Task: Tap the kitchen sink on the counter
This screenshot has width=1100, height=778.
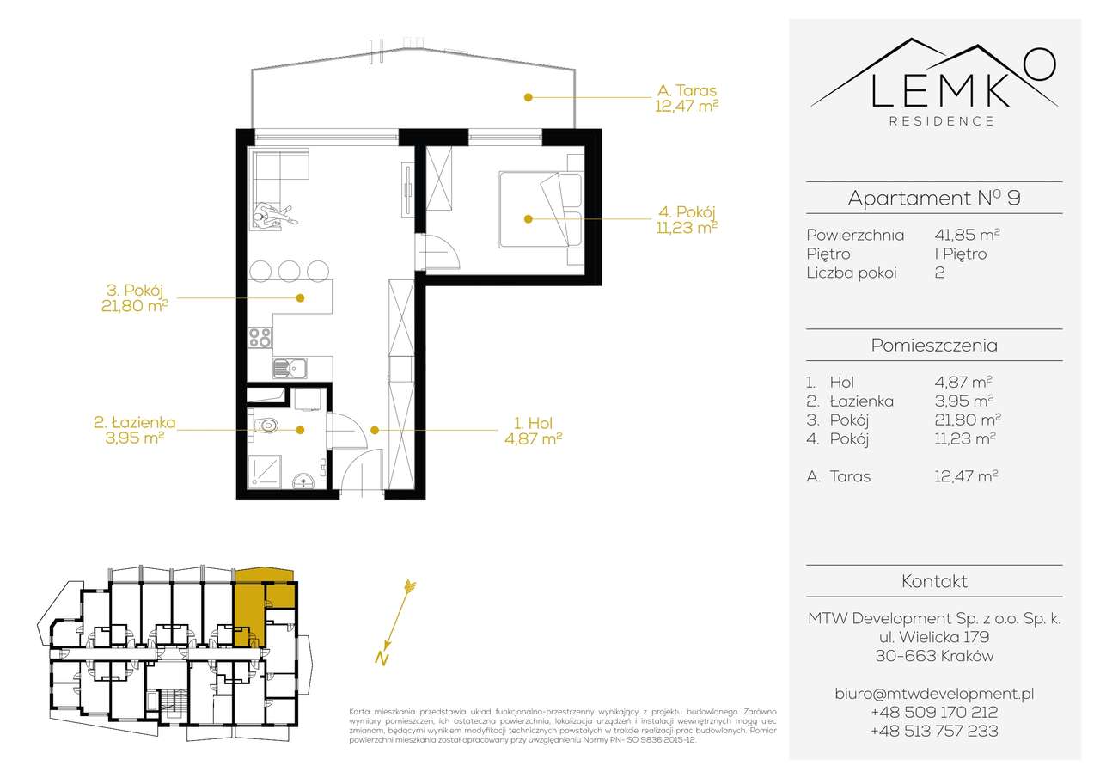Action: (x=290, y=369)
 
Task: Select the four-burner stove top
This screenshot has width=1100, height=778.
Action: (x=260, y=338)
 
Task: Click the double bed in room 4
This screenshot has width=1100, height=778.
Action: (x=541, y=209)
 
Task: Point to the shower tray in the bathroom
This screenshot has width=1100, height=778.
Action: (x=264, y=471)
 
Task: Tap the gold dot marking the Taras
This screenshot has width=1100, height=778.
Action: (x=528, y=97)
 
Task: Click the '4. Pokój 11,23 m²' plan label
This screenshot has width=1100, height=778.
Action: (x=687, y=219)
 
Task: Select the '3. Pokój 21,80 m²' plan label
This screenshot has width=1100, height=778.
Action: (x=134, y=297)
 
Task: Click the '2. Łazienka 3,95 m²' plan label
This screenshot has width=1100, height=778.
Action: (x=134, y=430)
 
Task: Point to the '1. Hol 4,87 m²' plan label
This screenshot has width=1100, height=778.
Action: (x=534, y=431)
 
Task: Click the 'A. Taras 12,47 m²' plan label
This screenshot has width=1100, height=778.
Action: (x=687, y=98)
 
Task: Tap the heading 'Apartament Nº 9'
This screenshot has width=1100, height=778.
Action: (x=934, y=198)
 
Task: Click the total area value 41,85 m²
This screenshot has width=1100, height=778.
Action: (x=967, y=235)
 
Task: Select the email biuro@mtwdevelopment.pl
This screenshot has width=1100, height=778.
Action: (x=934, y=694)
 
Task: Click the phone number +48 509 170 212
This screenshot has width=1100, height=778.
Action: (x=934, y=712)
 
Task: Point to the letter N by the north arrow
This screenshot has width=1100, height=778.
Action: (x=382, y=659)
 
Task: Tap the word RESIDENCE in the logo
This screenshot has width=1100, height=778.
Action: (x=942, y=121)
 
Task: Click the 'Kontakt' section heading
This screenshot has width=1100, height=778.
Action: (x=934, y=581)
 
